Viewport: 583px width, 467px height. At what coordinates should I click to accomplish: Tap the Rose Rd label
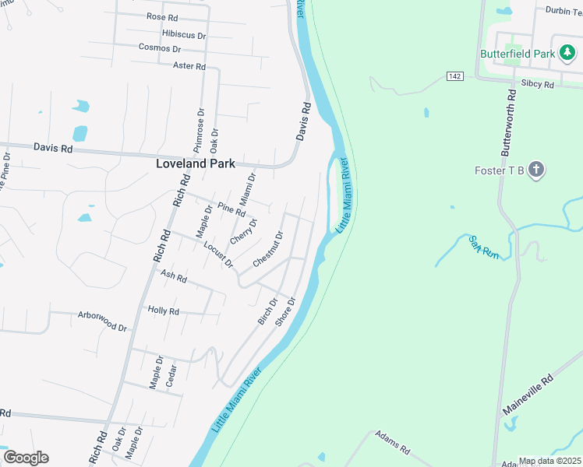click(161, 16)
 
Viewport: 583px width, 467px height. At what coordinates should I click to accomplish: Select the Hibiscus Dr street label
click(184, 35)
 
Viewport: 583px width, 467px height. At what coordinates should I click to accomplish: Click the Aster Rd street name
click(189, 66)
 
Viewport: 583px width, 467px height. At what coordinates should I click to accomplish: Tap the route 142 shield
click(456, 75)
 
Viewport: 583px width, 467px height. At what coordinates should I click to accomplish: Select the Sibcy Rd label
click(537, 83)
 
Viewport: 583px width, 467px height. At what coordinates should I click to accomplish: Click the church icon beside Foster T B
click(535, 170)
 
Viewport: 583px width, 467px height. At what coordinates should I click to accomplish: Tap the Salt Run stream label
click(483, 247)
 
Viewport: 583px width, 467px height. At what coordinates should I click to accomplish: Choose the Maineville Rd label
click(528, 394)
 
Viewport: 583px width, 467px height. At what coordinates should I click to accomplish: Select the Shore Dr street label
click(286, 311)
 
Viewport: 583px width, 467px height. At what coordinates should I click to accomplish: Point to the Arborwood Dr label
click(102, 321)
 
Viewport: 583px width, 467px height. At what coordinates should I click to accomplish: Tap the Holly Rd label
click(164, 311)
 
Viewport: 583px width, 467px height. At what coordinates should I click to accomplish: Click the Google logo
click(26, 457)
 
